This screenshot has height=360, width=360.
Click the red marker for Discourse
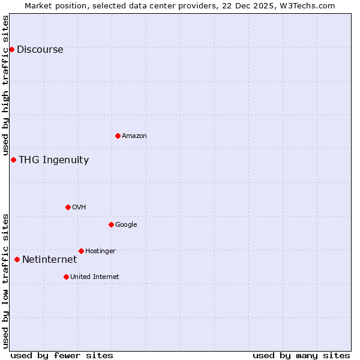[x=11, y=49]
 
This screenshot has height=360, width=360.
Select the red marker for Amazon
[x=118, y=136]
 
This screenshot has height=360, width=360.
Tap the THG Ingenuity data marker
[x=13, y=160]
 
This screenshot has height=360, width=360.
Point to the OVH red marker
[x=68, y=207]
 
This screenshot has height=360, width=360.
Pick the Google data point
[x=111, y=224]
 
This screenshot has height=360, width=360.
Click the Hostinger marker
[x=81, y=251]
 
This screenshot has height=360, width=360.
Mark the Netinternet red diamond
[x=17, y=259]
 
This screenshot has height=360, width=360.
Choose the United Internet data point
[x=66, y=277]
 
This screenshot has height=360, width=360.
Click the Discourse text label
[x=40, y=50]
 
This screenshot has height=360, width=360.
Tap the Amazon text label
[x=134, y=136]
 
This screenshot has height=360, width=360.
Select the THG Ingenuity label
[x=53, y=160]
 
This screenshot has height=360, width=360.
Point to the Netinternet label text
[x=49, y=260]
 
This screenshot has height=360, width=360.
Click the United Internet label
[x=94, y=277]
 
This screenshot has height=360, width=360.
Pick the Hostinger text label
[x=100, y=251]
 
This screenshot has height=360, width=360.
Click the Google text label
[x=126, y=225]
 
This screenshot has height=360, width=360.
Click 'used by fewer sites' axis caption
[x=62, y=355]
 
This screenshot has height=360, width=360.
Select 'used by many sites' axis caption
[x=301, y=355]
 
